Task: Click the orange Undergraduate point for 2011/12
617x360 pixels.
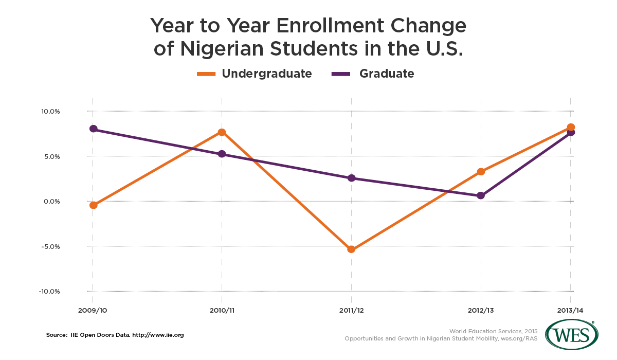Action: [351, 249]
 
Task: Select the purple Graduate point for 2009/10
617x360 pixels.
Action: [93, 129]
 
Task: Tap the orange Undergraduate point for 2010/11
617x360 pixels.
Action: [222, 132]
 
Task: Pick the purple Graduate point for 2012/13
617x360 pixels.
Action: [481, 195]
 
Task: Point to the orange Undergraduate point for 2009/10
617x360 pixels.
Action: [93, 205]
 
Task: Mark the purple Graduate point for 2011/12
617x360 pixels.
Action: [351, 178]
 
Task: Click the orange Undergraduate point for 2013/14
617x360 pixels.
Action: [571, 127]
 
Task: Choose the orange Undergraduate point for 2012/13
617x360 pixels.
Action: [481, 171]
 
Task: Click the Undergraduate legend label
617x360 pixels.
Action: [266, 74]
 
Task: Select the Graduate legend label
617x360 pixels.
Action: [386, 74]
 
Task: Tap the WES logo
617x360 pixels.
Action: [572, 336]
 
